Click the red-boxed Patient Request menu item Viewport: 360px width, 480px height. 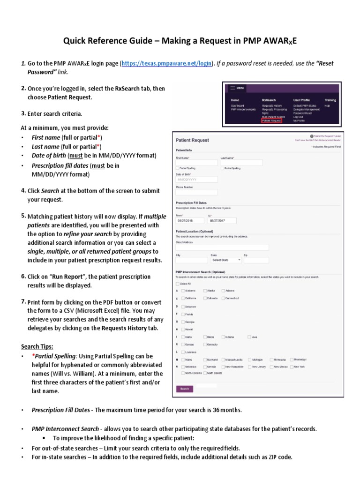pos(271,120)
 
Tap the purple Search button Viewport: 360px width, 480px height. pos(185,389)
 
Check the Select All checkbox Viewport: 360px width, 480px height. pos(177,284)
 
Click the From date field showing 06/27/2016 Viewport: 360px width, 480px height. pos(190,220)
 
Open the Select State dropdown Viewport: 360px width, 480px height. pos(226,260)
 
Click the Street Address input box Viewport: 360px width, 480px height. pos(222,247)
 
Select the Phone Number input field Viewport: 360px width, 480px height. pos(190,192)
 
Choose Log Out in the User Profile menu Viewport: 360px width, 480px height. pos(299,117)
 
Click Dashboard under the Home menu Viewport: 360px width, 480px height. pos(237,106)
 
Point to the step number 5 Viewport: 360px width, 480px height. pos(23,216)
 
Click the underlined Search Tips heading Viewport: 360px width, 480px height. pos(37,346)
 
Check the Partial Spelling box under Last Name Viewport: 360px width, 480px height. pos(222,168)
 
